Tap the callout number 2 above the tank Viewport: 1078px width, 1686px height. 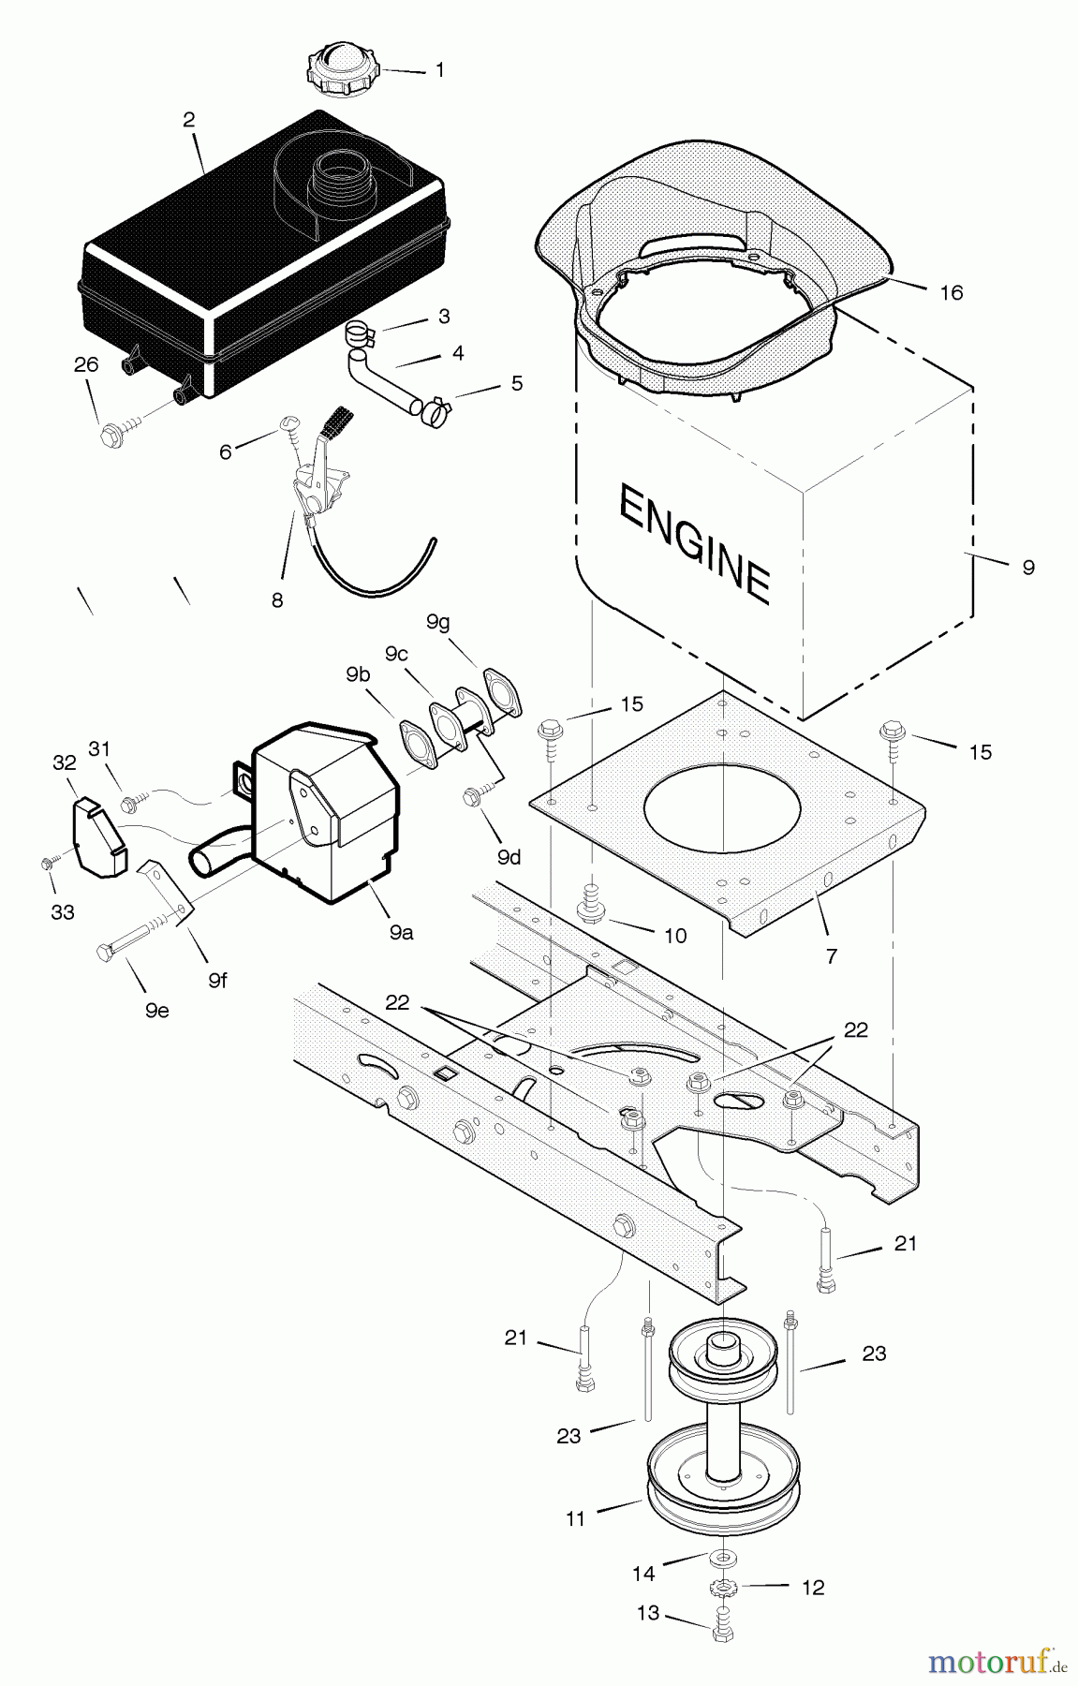click(189, 120)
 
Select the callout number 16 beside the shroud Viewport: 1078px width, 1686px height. click(951, 292)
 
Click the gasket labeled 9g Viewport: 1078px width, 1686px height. click(501, 691)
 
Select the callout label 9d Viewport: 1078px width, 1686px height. click(509, 856)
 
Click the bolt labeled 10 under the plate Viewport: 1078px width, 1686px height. click(591, 903)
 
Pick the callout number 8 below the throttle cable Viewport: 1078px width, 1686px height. click(276, 600)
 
